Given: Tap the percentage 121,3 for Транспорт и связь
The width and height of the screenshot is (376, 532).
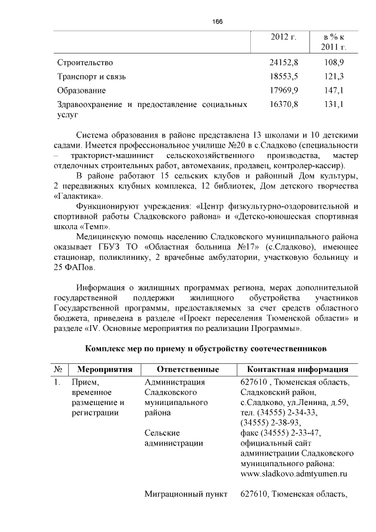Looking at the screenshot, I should point(334,76).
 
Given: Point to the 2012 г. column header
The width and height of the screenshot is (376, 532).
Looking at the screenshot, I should point(283,37).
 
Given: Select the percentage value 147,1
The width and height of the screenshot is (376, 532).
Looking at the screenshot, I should point(334,91).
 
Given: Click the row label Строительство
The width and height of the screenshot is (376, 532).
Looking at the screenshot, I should point(85,62).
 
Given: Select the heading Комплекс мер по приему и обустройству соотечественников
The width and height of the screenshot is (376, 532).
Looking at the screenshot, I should point(205,349).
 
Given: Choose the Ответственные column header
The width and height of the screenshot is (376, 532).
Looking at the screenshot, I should point(188,370).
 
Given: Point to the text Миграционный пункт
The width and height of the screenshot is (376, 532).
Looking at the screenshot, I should point(186,494).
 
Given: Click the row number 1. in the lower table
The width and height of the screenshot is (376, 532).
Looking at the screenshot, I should point(57,383).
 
